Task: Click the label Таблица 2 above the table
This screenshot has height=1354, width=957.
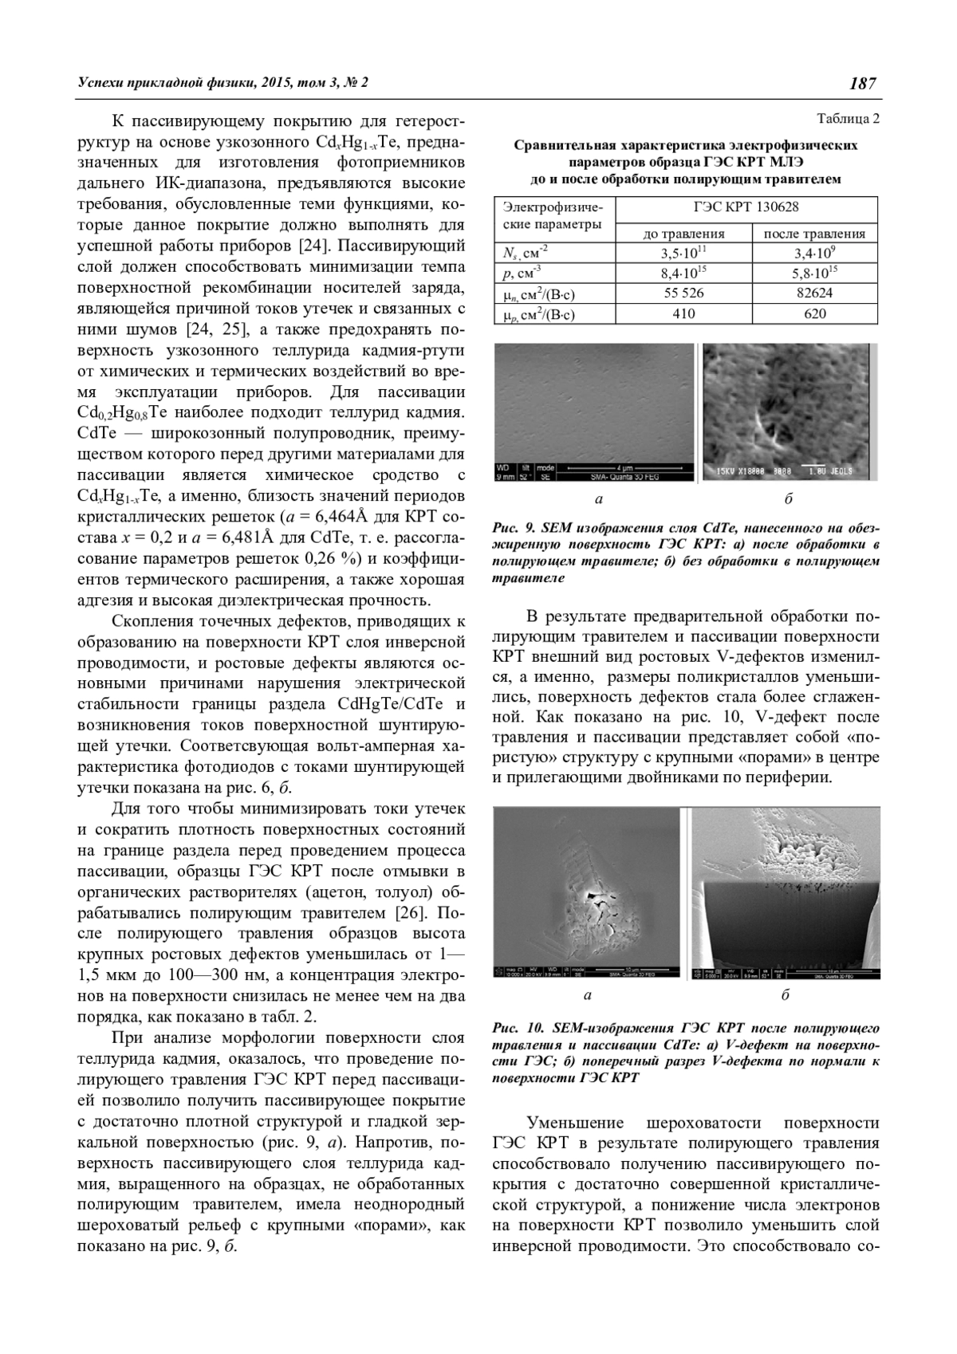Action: pyautogui.click(x=848, y=120)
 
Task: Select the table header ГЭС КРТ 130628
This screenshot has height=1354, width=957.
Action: pyautogui.click(x=747, y=207)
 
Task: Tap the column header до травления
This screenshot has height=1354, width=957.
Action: pyautogui.click(x=684, y=234)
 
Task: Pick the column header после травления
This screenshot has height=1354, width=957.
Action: pyautogui.click(x=814, y=234)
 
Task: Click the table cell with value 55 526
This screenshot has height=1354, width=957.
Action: pyautogui.click(x=683, y=293)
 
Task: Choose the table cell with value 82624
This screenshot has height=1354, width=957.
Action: pyautogui.click(x=814, y=293)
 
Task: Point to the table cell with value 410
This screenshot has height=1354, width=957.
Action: pyautogui.click(x=683, y=313)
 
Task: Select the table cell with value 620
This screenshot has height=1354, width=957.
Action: pyautogui.click(x=814, y=313)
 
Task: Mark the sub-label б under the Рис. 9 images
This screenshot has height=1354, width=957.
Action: pyautogui.click(x=788, y=499)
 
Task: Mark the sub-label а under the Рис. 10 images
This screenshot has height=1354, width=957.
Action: pyautogui.click(x=588, y=995)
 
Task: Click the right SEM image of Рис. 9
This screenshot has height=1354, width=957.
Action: pyautogui.click(x=788, y=412)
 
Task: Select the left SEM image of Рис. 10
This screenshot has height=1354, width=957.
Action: pyautogui.click(x=589, y=893)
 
